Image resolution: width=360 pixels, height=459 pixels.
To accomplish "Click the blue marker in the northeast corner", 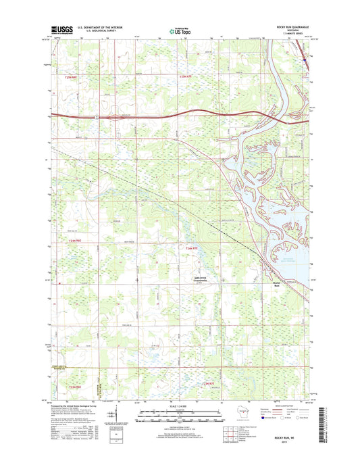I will click(x=305, y=59).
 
